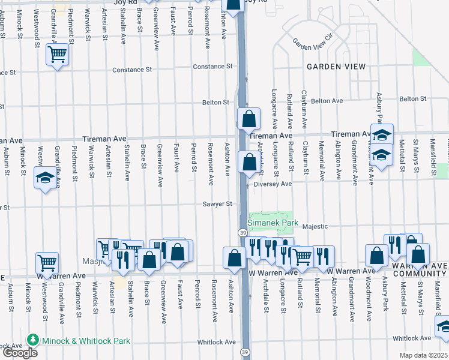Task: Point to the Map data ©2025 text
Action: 423,355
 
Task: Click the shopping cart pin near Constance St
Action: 58,55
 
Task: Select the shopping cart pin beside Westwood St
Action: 47,262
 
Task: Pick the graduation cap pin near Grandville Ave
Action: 46,178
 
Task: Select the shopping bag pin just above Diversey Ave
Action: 249,161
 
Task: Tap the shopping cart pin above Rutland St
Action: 303,256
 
